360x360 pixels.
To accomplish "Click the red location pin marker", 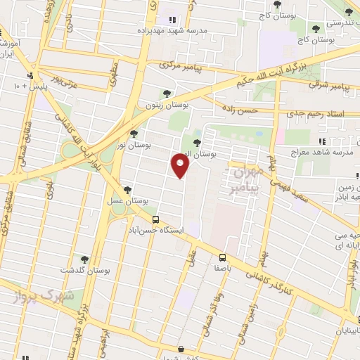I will [x=181, y=167].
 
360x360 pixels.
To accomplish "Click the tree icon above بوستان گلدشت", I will [x=84, y=259].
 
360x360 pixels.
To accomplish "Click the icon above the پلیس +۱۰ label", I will [x=30, y=75].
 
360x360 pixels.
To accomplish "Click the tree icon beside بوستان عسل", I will [x=127, y=190].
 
